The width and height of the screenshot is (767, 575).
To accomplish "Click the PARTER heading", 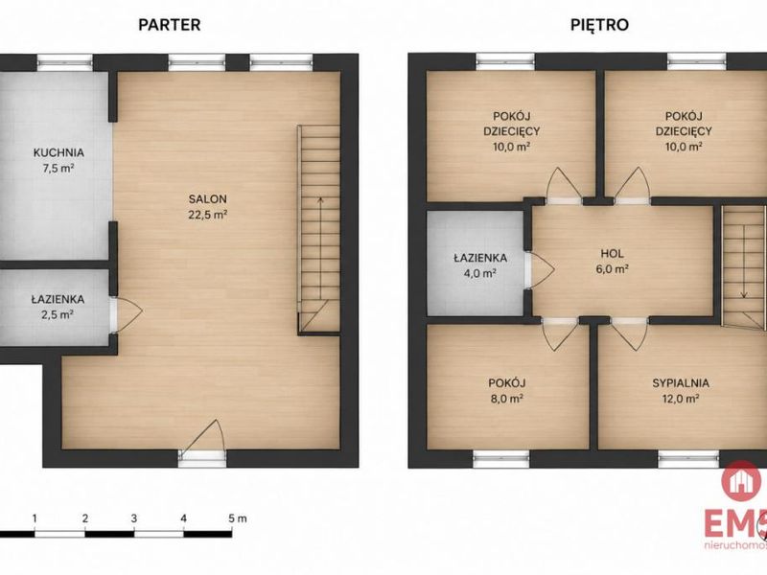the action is click(x=170, y=25).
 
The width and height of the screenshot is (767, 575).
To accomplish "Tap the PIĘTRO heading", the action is click(x=599, y=25).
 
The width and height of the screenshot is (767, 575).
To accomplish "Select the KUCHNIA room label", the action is click(x=58, y=152).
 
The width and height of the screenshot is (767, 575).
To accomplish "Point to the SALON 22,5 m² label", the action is click(x=208, y=206).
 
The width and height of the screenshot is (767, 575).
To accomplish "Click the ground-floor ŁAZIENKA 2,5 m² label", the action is click(x=58, y=307).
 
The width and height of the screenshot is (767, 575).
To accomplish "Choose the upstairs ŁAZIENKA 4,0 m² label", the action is click(x=480, y=265).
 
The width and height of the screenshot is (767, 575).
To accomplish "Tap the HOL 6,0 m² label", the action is click(x=612, y=261).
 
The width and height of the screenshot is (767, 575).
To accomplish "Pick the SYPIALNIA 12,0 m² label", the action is click(x=681, y=391).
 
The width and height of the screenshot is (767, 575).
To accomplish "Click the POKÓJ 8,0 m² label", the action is click(x=506, y=391).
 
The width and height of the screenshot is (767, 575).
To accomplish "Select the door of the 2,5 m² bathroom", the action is click(x=127, y=315).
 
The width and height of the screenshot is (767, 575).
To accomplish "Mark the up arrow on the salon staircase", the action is click(x=320, y=248).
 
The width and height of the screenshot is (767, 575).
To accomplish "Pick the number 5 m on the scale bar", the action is click(x=238, y=518).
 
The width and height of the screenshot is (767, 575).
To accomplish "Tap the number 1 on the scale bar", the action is click(x=35, y=518).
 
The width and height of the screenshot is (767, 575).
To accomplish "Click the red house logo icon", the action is click(x=741, y=482).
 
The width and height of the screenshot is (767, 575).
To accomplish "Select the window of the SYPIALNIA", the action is click(x=688, y=459).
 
